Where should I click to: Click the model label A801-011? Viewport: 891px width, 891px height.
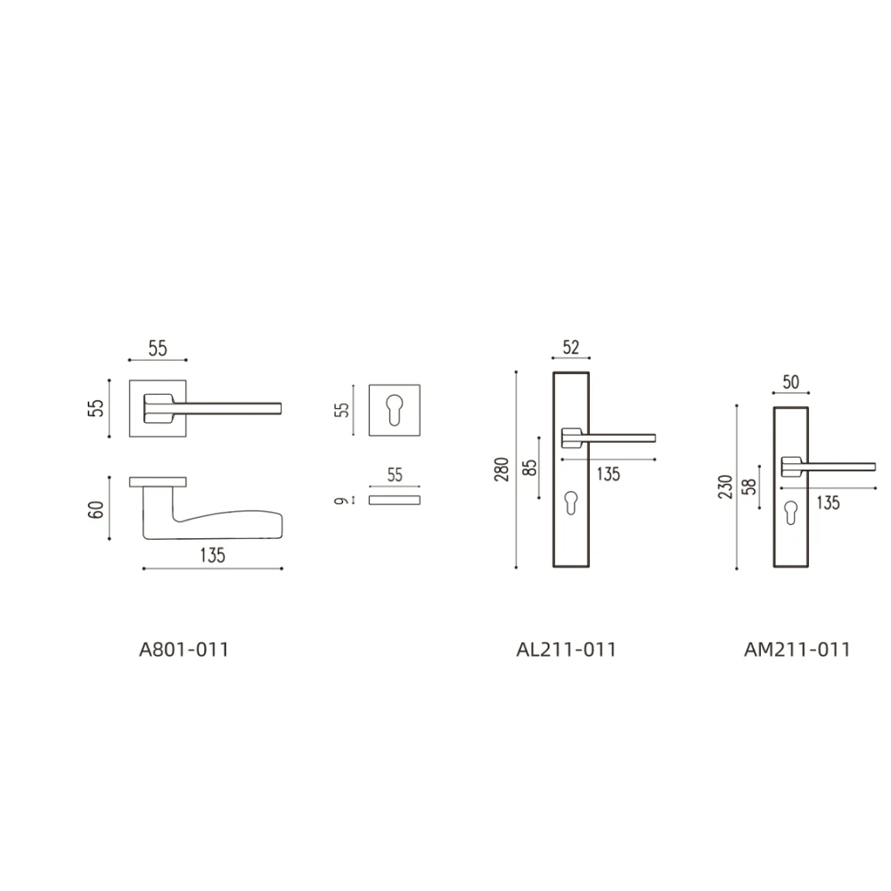point(184,650)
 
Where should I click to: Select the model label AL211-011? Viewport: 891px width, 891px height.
point(566,650)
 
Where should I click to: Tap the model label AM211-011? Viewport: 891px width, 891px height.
point(797,650)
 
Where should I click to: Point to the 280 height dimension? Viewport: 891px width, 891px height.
point(502,470)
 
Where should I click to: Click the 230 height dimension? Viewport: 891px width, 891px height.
point(725,487)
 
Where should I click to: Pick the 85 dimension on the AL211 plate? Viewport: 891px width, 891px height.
point(529,468)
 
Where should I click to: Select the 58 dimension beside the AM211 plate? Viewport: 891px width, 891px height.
point(750,487)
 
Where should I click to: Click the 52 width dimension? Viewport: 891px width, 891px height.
point(571,347)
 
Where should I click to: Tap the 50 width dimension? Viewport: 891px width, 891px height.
point(791,382)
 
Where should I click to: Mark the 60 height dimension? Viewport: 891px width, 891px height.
point(96,509)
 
